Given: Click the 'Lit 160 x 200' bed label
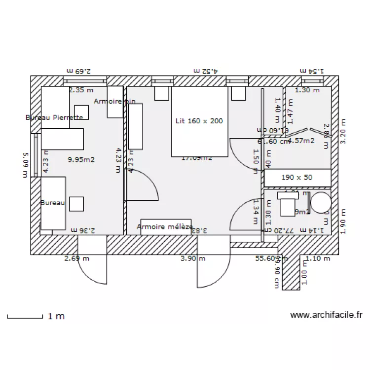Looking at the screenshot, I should coord(199,121).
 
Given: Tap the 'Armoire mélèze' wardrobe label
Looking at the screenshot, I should coord(165,227).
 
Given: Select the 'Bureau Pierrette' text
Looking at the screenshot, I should coord(54,117).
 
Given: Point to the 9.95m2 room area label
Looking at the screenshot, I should coord(81,159).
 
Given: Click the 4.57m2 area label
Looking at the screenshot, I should coord(301,141).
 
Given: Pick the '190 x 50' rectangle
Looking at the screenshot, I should coord(297,177).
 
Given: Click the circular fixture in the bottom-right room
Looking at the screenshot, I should coord(320,203).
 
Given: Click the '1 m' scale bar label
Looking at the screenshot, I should coord(56,316).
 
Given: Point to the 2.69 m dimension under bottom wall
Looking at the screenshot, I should coord(76,258).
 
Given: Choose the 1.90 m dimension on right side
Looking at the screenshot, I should coord(344,221).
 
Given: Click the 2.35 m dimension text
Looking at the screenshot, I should coord(81,90).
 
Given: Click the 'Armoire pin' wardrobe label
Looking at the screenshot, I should coord(114,101).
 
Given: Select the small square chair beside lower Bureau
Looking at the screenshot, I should coord(76,204).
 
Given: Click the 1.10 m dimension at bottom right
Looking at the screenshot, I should coord(318,258).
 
